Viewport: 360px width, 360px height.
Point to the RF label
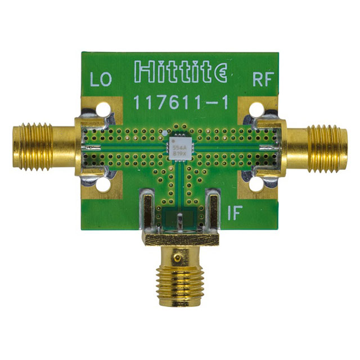(262, 80)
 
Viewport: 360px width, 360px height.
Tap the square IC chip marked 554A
(178, 146)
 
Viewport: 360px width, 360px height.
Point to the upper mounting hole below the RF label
(256, 110)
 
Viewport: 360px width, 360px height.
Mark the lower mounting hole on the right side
(256, 183)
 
